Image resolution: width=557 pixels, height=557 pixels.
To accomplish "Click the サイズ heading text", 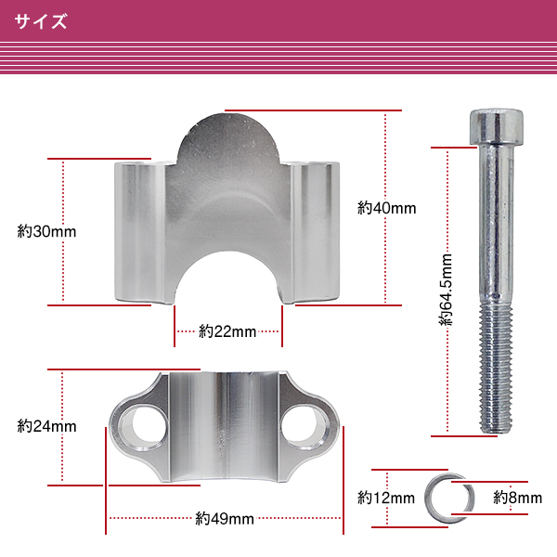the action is pos(41,21).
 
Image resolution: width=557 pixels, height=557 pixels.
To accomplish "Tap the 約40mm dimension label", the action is pos(386,208).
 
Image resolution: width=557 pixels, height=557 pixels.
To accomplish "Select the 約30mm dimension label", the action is pos(46,231).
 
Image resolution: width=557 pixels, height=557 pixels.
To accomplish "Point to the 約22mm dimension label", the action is pos(227,331).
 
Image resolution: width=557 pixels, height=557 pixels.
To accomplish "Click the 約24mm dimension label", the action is pos(46,426).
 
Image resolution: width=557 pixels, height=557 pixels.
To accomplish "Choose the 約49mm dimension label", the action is pos(225,519).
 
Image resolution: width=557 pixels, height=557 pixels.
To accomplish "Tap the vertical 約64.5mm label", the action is pos(446,290).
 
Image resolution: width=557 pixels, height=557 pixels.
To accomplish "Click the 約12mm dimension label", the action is pos(386,498).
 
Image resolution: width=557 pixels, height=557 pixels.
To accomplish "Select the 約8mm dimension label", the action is pos(518,498).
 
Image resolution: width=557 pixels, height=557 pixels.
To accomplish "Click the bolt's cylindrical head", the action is pos(497,127).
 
